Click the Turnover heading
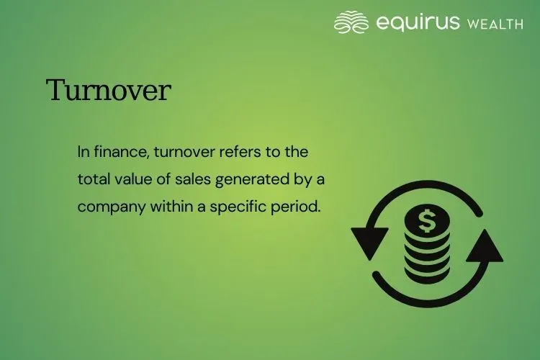109,91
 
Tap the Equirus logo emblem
352,22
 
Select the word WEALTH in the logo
495,24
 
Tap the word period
296,206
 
